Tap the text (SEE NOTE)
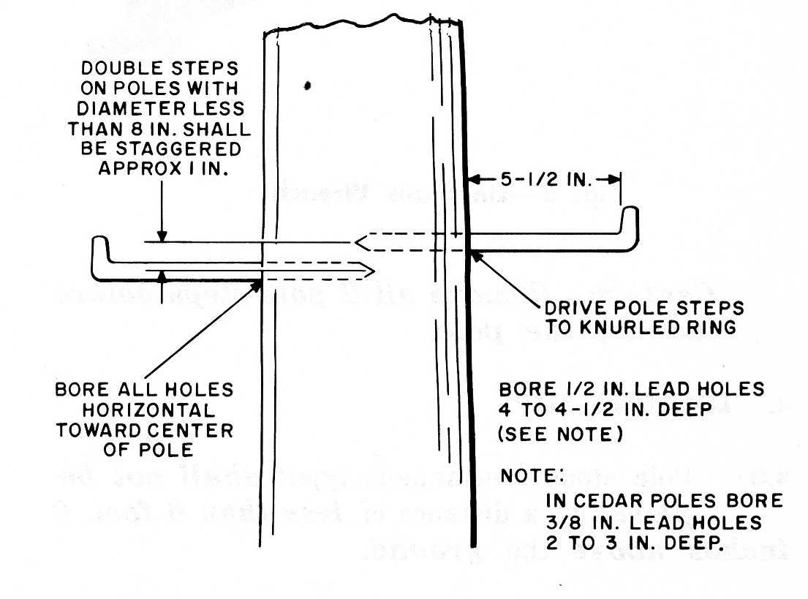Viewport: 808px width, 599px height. [560, 434]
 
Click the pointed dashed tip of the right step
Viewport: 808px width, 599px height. [358, 240]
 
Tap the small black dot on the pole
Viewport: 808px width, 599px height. [309, 86]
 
